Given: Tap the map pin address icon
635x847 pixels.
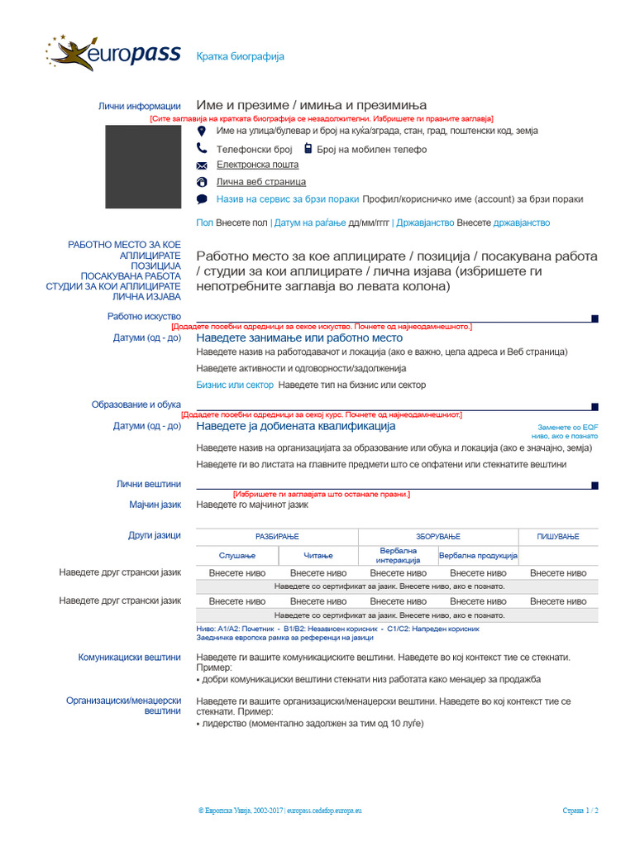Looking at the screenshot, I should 202,132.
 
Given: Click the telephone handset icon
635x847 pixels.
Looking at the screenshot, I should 202,149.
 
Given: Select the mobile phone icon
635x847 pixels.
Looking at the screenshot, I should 308,149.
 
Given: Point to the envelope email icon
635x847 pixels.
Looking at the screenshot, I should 202,165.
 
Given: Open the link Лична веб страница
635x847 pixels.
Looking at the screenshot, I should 260,181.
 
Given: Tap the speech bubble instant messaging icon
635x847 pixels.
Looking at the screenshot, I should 202,199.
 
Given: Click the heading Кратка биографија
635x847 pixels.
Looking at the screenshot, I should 240,56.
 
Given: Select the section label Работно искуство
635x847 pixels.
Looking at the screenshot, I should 144,316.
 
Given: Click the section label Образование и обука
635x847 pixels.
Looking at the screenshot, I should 136,404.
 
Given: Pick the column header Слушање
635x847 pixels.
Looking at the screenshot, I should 237,555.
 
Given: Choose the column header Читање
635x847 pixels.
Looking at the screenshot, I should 317,555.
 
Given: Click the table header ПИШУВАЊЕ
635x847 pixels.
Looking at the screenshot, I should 558,537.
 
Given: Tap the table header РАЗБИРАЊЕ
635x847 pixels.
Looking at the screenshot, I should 277,537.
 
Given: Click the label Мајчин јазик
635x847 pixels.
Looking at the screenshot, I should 155,505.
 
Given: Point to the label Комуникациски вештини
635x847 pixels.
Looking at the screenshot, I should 129,658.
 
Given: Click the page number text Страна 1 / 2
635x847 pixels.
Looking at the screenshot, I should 580,811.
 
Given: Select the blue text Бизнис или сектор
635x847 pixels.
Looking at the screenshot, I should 235,385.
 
